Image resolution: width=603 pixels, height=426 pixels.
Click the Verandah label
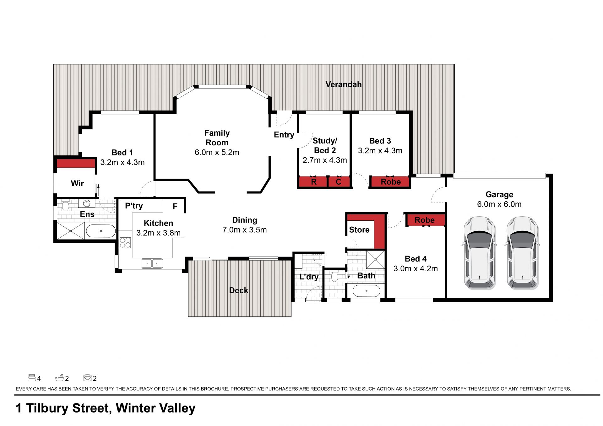tap(343, 84)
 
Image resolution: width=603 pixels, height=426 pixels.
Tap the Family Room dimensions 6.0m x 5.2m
tap(217, 153)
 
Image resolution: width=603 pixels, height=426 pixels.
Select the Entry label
tap(284, 135)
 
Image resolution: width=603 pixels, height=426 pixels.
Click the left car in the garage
tap(480, 253)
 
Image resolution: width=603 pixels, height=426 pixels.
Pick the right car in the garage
tap(522, 253)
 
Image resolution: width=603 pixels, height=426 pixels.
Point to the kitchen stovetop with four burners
tap(125, 243)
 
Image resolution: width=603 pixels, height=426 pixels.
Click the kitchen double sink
tap(152, 263)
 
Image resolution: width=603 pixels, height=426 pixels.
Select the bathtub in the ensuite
tap(101, 231)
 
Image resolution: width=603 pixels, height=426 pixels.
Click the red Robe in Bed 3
tap(391, 182)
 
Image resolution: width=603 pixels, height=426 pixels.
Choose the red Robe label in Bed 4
tap(425, 220)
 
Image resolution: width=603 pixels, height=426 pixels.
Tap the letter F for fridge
tap(175, 206)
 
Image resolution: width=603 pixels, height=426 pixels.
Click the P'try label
tap(134, 206)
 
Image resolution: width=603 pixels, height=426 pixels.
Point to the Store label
tap(359, 230)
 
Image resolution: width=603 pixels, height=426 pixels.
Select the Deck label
tap(239, 290)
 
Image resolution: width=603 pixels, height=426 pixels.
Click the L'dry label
tap(309, 277)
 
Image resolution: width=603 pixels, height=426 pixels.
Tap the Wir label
tap(77, 183)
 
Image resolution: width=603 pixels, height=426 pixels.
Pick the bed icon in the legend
tap(32, 377)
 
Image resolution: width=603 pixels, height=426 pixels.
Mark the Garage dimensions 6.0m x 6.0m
tap(499, 204)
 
